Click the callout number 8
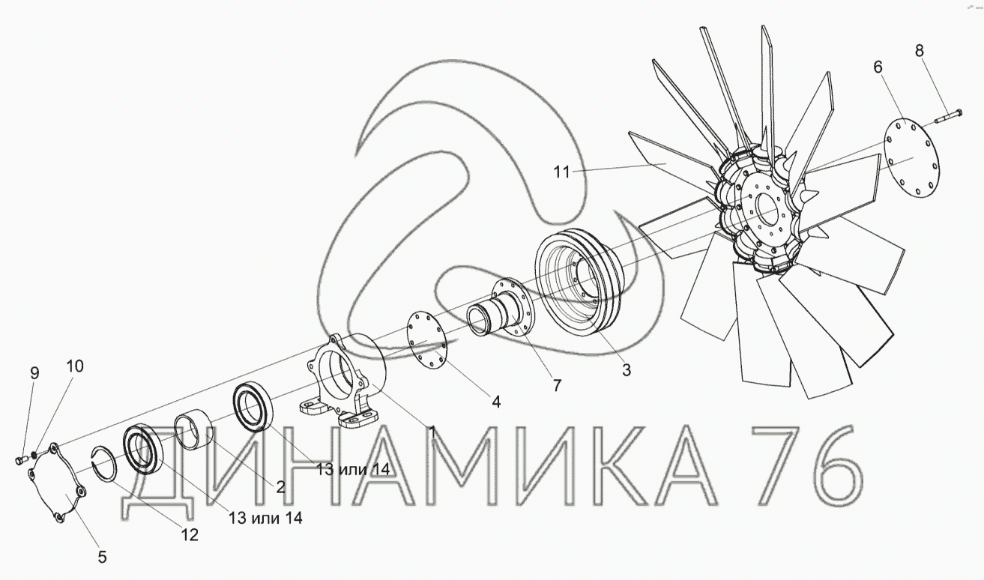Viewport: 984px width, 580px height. point(920,51)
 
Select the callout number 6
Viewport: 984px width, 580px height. point(878,67)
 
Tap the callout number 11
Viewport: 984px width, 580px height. point(562,172)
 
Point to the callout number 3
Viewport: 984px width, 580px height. point(627,370)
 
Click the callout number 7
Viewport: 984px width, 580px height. point(557,385)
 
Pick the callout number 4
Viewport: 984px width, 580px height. point(496,402)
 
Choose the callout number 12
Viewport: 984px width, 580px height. point(190,535)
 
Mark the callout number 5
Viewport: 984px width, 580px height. point(102,558)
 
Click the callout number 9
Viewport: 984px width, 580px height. point(34,373)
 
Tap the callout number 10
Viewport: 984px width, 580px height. point(75,366)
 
